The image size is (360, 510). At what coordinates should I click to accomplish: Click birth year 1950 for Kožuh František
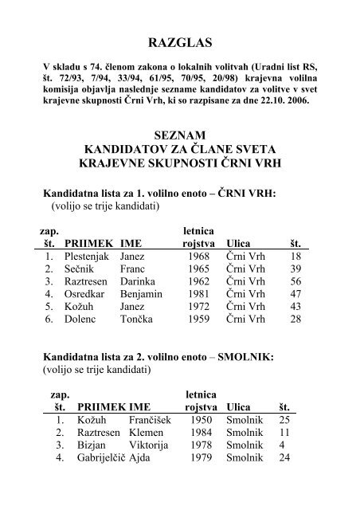pyautogui.click(x=200, y=441)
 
